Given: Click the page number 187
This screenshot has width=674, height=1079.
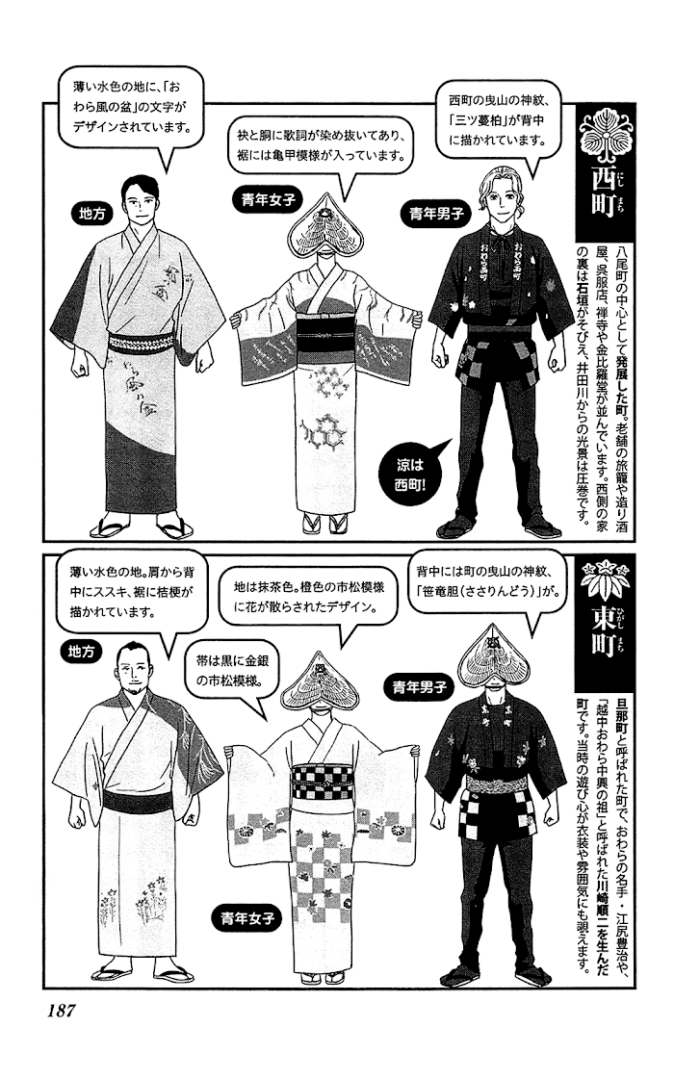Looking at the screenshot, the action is point(61,1012).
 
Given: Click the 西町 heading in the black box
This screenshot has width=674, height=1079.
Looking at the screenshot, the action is point(602,198).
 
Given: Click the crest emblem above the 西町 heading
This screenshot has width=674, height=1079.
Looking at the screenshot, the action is point(602,134).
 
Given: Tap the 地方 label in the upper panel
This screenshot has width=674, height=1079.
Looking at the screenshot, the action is point(91,214).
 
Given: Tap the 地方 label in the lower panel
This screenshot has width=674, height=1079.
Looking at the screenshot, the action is point(81,651).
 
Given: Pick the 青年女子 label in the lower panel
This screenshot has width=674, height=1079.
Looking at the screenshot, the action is point(247,918).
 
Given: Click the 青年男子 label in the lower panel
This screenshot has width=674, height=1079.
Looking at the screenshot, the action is point(419,686).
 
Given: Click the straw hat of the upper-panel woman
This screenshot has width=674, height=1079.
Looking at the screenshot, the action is point(324,227).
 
